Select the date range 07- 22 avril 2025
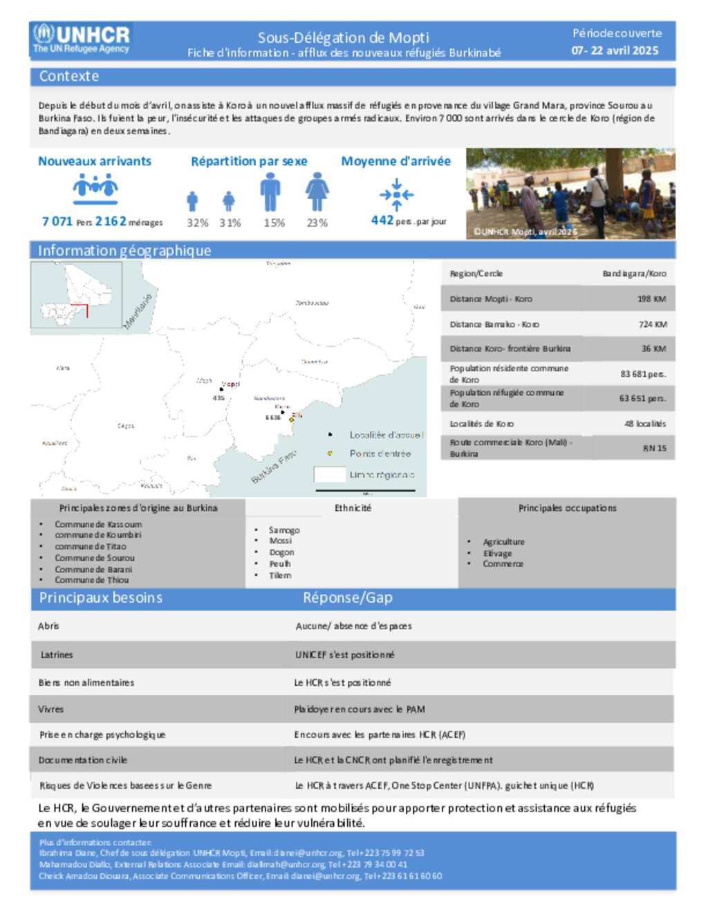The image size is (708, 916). [x=615, y=50]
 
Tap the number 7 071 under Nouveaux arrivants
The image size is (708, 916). [x=57, y=221]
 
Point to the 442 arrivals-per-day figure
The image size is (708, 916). [x=382, y=220]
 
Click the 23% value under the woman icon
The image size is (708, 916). [x=317, y=223]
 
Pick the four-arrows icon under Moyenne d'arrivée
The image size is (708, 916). [x=396, y=194]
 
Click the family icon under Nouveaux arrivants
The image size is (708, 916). [x=95, y=187]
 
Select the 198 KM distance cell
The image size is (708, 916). [x=651, y=299]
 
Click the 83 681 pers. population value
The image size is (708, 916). [x=643, y=374]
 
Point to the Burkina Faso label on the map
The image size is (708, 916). [x=274, y=467]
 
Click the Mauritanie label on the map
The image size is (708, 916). [x=138, y=311]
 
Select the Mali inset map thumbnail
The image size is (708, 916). [x=76, y=295]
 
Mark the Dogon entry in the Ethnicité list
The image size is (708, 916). [x=281, y=552]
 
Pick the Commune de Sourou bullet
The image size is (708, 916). [x=95, y=558]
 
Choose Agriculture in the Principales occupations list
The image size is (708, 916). [x=503, y=542]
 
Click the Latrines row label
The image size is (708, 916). [x=57, y=655]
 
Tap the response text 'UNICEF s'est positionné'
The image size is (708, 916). [x=344, y=655]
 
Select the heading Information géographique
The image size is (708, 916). [x=124, y=250]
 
